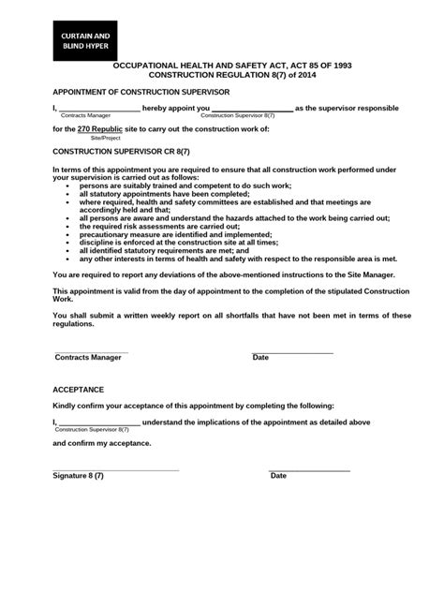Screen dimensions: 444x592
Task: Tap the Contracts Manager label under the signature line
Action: tap(88, 357)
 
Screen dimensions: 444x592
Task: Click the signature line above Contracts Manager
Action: tap(91, 350)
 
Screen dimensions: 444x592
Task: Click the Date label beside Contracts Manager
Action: tap(260, 357)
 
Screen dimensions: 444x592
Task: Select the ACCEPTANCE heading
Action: tap(78, 389)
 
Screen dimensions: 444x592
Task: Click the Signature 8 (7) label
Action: tap(79, 476)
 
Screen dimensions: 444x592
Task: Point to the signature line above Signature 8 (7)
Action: tap(115, 468)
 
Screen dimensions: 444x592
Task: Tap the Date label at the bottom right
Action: tap(278, 476)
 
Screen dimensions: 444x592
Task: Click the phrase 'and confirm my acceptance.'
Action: tap(101, 442)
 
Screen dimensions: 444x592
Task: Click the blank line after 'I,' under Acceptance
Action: tap(98, 422)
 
